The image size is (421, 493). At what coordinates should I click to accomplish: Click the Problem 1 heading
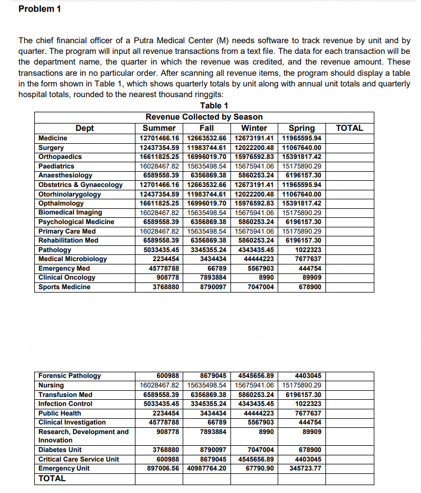click(x=40, y=9)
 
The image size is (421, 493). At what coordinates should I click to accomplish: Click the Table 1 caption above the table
click(x=214, y=106)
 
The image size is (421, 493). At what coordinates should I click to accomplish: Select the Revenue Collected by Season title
click(x=204, y=117)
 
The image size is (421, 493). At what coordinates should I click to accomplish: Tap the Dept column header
click(x=85, y=128)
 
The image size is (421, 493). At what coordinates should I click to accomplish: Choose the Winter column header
click(x=255, y=128)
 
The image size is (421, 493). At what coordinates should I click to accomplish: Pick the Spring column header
click(x=301, y=128)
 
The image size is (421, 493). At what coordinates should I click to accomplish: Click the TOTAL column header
click(x=349, y=128)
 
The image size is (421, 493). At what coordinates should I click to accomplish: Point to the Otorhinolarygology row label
click(x=70, y=194)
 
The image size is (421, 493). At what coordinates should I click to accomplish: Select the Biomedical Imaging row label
click(x=70, y=212)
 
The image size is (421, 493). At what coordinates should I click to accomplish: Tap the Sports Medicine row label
click(x=64, y=287)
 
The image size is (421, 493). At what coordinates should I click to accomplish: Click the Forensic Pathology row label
click(x=70, y=376)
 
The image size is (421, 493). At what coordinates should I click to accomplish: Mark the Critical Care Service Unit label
click(x=79, y=459)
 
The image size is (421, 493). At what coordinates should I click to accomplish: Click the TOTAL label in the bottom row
click(x=52, y=478)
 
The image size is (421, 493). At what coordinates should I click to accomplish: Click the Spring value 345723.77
click(x=302, y=468)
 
